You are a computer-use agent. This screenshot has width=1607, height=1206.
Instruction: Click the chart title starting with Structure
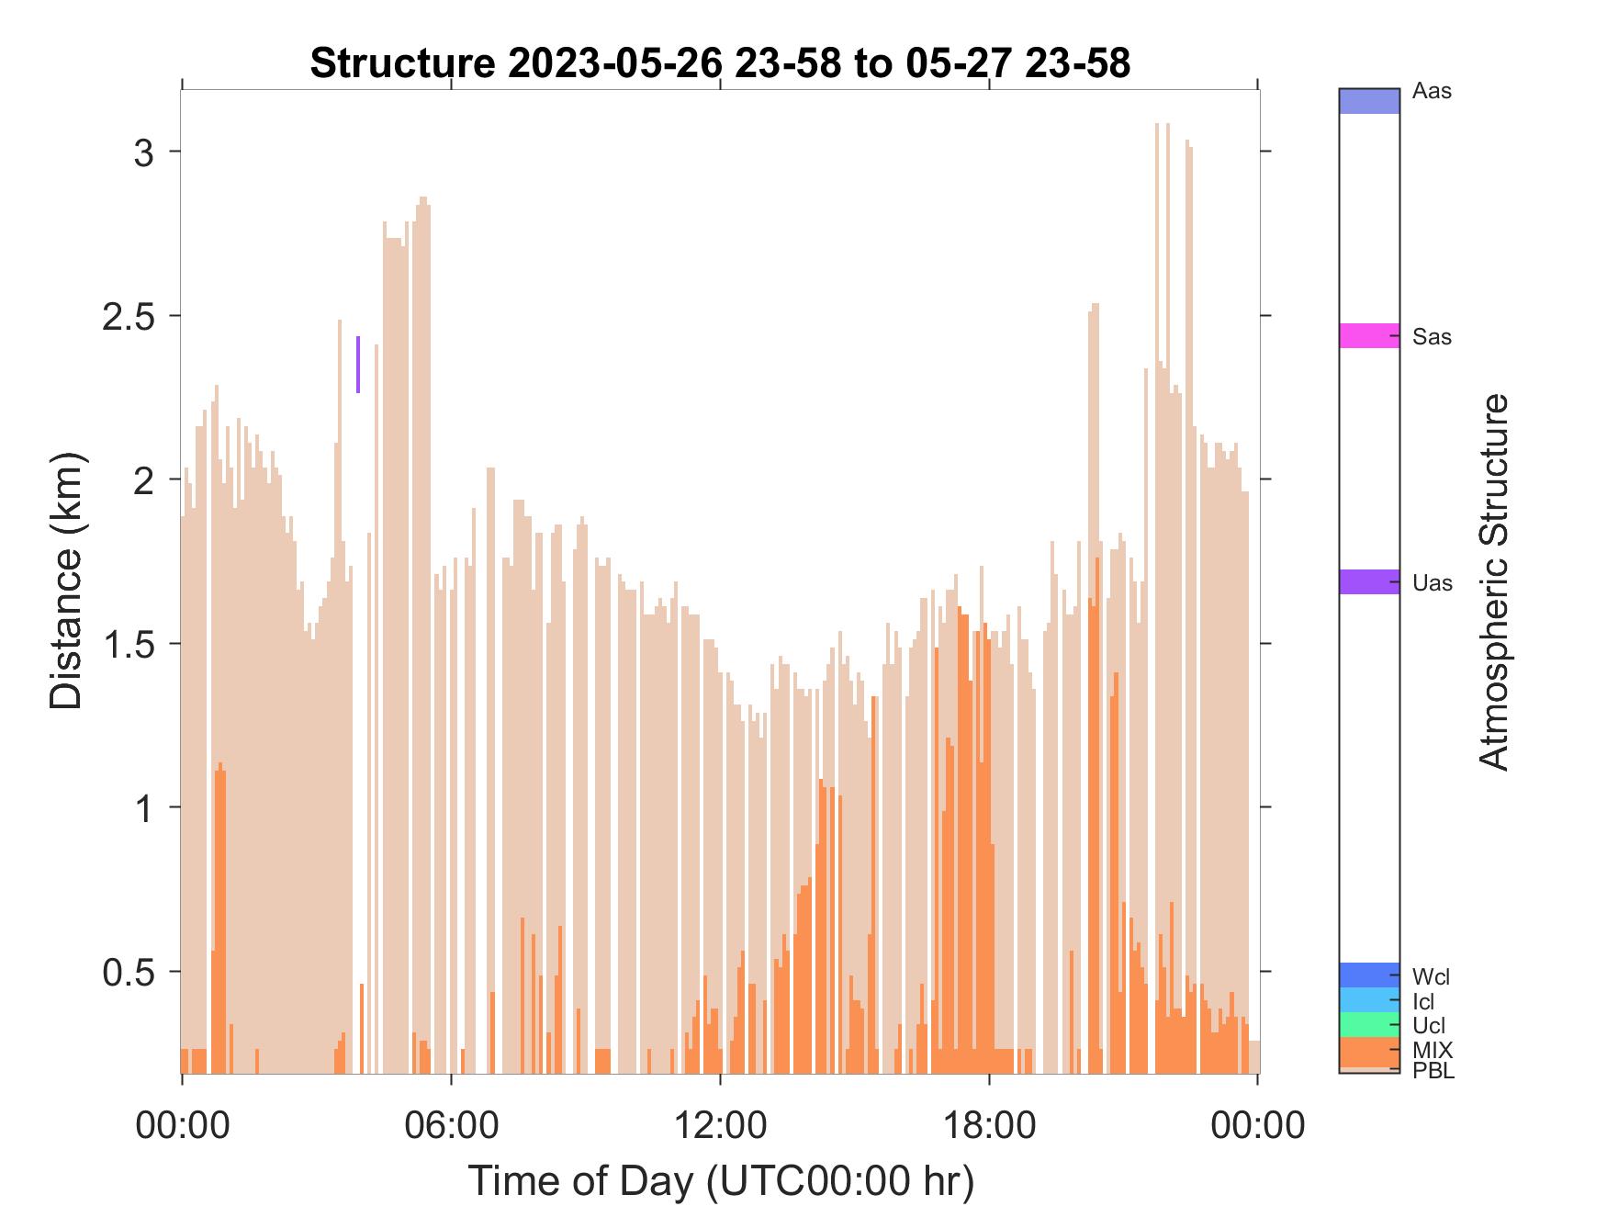(x=720, y=63)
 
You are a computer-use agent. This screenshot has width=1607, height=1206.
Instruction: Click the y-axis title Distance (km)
(x=66, y=580)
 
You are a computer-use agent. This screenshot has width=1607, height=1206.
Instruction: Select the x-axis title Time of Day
(x=721, y=1180)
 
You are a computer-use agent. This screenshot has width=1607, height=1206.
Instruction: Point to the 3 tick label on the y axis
(x=144, y=152)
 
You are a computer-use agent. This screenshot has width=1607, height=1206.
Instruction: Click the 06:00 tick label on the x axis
(x=451, y=1124)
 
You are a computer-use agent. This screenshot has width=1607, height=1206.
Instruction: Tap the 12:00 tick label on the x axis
(x=720, y=1124)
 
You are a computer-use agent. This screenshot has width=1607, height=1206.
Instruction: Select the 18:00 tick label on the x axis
(x=989, y=1124)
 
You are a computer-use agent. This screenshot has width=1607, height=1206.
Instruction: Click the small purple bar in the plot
(x=358, y=365)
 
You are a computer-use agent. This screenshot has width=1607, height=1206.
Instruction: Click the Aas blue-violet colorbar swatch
(x=1369, y=101)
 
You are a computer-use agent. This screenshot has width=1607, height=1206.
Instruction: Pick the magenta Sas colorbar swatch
(x=1369, y=335)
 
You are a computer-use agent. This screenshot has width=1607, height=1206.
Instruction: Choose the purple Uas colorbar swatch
(x=1369, y=581)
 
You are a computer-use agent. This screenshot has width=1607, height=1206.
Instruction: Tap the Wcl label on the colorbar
(x=1431, y=975)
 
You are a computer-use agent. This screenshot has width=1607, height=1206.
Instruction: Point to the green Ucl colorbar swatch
(x=1369, y=1025)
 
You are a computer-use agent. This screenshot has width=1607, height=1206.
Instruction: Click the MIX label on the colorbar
(x=1433, y=1050)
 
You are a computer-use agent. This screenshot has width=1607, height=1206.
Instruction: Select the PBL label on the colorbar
(x=1433, y=1071)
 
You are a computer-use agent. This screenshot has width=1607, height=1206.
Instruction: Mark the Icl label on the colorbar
(x=1422, y=1002)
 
